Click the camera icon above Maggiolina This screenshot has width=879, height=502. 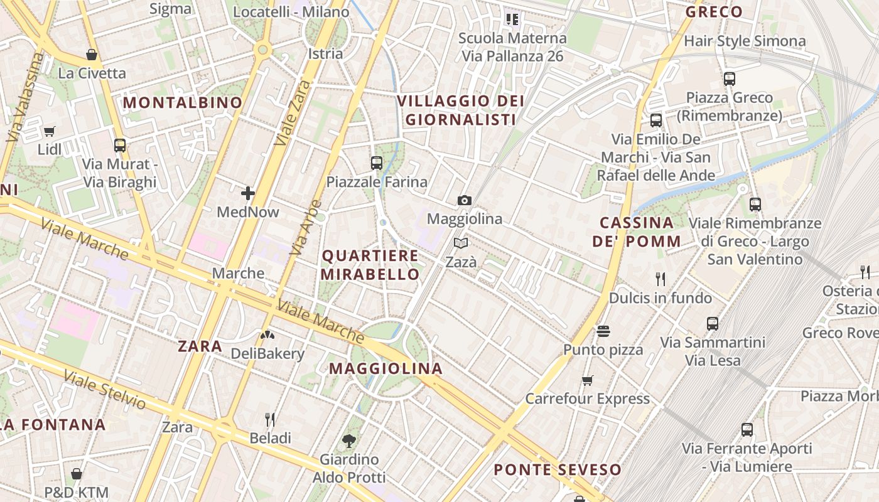tap(465, 200)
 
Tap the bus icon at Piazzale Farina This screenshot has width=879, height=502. tap(377, 163)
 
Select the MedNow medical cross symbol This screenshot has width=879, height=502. tap(248, 193)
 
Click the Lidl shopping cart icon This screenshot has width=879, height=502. tap(50, 131)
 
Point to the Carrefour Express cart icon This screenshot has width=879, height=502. tap(588, 380)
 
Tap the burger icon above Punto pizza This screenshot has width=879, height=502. tap(603, 331)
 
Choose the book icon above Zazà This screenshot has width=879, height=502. tap(461, 243)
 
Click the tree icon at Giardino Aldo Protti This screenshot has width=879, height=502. tap(349, 441)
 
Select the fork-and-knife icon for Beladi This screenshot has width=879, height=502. tap(270, 419)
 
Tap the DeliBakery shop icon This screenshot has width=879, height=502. tap(267, 335)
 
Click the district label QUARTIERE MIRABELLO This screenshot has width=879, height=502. tap(370, 265)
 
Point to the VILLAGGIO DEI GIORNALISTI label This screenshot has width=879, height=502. tap(461, 110)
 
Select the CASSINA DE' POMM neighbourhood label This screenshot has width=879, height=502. tap(637, 232)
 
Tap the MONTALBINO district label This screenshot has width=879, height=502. tap(182, 102)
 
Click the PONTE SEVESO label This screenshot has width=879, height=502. tap(558, 469)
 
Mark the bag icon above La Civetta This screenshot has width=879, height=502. tap(92, 55)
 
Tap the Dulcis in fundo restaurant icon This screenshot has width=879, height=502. tap(661, 279)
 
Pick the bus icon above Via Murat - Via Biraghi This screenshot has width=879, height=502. tap(120, 146)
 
